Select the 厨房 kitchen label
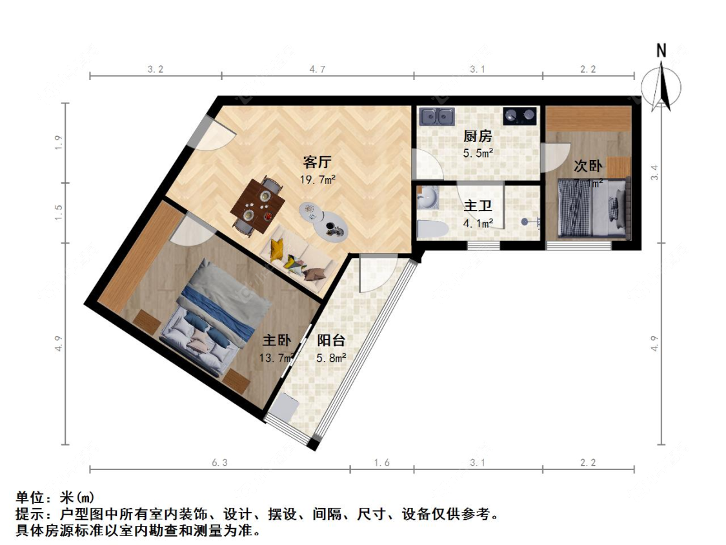478,137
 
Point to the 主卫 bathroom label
478,207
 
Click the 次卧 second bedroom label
588,166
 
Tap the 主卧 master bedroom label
277,340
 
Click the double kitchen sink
437,116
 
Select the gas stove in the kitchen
519,116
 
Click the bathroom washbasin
427,198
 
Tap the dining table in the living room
259,206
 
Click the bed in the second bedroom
593,208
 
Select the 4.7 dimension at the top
317,69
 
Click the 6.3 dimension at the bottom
219,462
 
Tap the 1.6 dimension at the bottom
381,462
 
